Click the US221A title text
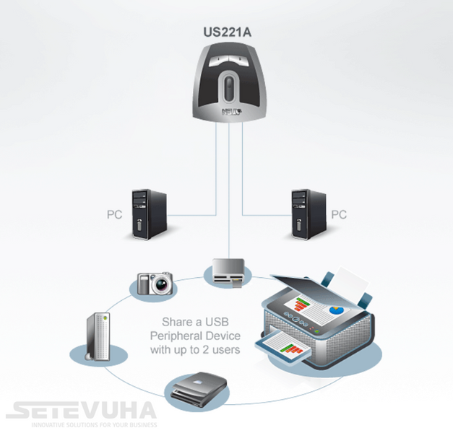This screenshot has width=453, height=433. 228,32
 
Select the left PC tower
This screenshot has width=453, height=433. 149,214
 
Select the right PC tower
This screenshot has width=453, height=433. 309,214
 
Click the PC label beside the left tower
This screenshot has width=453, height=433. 114,214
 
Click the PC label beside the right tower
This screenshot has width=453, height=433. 339,214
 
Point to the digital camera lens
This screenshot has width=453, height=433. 162,284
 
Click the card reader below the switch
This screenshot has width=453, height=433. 228,272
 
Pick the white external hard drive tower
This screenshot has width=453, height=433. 98,336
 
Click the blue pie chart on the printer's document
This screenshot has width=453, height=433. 336,310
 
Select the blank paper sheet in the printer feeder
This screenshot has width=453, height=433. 350,281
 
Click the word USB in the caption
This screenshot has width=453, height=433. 217,322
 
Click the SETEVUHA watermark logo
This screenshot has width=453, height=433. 81,410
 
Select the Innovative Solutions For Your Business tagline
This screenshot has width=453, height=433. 94,425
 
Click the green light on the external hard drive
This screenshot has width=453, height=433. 105,318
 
